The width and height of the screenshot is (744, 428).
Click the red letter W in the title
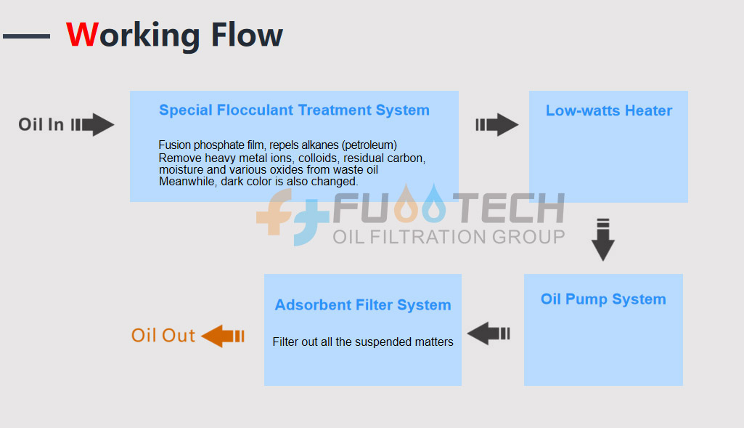pyautogui.click(x=82, y=35)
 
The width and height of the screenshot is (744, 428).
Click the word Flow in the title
pyautogui.click(x=247, y=35)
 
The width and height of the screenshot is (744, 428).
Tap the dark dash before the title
pyautogui.click(x=27, y=36)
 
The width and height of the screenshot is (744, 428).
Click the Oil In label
pyautogui.click(x=41, y=124)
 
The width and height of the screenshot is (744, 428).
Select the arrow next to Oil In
pyautogui.click(x=92, y=125)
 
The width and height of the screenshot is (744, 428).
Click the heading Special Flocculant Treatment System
pyautogui.click(x=294, y=110)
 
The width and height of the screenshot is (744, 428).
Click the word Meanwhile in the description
pyautogui.click(x=187, y=182)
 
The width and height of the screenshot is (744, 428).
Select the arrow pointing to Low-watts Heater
pyautogui.click(x=496, y=125)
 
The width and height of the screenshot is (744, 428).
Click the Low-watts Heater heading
pyautogui.click(x=609, y=110)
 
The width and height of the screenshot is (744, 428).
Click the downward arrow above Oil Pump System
pyautogui.click(x=603, y=240)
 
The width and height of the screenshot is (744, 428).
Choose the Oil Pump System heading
pyautogui.click(x=604, y=299)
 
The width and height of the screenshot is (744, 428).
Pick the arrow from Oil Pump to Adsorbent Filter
pyautogui.click(x=488, y=334)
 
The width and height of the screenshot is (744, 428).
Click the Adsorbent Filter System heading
pyautogui.click(x=363, y=305)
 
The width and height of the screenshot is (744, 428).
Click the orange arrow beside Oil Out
pyautogui.click(x=223, y=336)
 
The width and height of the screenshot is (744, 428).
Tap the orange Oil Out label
pyautogui.click(x=163, y=336)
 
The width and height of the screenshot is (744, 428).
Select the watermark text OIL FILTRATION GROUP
pyautogui.click(x=449, y=237)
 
